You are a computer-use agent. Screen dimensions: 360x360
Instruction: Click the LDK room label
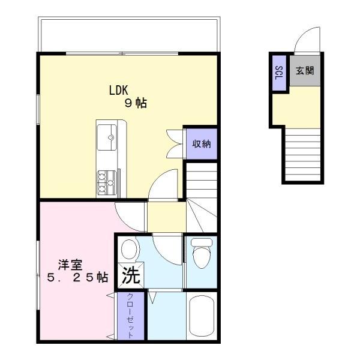118,90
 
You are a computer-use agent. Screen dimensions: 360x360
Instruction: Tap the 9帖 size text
136,103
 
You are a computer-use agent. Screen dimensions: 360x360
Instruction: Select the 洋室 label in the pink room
70,265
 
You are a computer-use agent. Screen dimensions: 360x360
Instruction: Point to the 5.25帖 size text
77,277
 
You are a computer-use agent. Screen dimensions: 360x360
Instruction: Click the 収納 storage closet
202,144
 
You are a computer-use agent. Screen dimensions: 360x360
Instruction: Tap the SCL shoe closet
279,73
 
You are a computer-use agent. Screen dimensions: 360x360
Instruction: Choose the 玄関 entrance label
305,70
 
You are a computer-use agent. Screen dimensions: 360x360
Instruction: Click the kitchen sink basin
107,137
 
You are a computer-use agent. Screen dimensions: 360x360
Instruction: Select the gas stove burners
106,183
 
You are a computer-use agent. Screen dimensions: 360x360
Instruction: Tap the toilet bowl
202,254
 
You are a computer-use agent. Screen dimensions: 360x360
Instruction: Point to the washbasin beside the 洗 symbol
129,250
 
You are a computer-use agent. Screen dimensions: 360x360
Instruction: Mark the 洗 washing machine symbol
131,275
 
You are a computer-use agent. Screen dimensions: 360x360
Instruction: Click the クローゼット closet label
130,316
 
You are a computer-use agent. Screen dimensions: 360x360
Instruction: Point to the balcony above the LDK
129,34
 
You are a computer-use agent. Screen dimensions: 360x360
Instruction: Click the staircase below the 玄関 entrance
302,155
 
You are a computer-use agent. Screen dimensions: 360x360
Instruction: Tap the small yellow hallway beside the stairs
166,217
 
